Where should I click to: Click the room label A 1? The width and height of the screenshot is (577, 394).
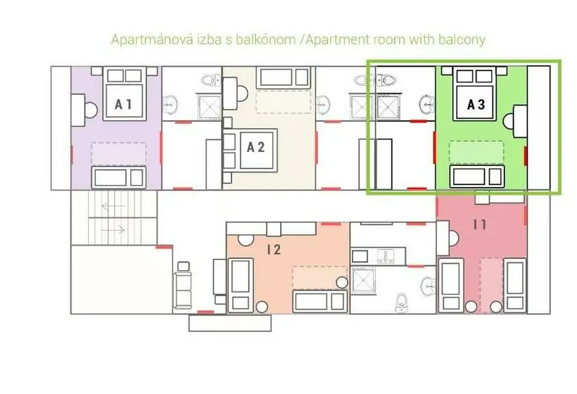(123, 104)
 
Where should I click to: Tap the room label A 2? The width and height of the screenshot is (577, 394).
(255, 147)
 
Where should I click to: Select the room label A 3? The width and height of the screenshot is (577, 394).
(476, 104)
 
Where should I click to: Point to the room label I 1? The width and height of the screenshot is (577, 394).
(480, 224)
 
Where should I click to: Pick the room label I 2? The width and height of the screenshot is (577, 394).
(274, 250)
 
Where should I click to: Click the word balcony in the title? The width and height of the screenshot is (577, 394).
(462, 39)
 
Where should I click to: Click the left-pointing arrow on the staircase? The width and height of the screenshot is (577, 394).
(113, 206)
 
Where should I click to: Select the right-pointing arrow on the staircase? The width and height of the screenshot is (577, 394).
(113, 230)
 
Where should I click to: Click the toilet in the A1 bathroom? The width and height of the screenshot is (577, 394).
(211, 80)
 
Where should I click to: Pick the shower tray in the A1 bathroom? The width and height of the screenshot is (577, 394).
(210, 106)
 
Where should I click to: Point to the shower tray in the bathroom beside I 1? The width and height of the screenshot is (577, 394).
(363, 280)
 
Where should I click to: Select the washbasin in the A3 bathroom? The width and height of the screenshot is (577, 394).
(427, 105)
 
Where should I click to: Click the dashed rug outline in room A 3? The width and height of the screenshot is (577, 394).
(476, 152)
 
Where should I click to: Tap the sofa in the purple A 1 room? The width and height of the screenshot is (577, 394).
(118, 177)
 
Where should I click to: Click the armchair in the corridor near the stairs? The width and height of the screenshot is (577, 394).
(183, 284)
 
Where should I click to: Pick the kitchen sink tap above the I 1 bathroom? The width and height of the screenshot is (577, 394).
(386, 257)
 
